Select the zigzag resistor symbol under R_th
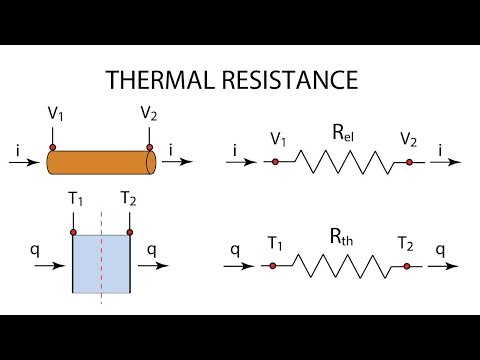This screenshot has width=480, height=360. [340, 267]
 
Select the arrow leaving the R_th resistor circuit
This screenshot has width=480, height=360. [447, 267]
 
